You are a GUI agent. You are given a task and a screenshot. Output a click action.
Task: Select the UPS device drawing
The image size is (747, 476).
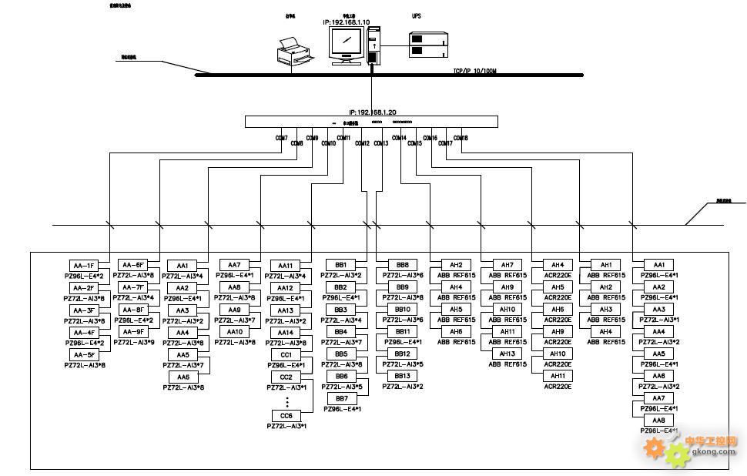pos(428,44)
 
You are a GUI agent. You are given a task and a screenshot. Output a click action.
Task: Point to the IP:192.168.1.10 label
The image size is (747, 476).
pos(347,22)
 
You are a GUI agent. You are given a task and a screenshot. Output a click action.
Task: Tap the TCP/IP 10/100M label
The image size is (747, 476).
pos(475,71)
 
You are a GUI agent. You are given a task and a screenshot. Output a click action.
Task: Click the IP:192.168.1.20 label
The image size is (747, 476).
pos(372,112)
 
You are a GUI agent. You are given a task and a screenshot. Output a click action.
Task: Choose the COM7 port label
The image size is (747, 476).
pos(281,138)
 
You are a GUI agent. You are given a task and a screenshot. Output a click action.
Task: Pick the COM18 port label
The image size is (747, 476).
pos(461,138)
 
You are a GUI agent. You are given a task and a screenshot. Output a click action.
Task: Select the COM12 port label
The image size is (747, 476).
pos(362,143)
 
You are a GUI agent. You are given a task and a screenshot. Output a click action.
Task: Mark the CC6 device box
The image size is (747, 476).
pos(286,416)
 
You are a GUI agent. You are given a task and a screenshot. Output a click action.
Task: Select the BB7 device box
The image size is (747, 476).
pos(341,398)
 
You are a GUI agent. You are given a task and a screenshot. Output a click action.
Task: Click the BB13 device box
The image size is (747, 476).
pos(402,376)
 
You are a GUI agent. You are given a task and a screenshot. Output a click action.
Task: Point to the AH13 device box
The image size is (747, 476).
pos(507,354)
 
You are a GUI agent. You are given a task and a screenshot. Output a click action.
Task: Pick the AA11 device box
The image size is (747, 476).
pos(286,265)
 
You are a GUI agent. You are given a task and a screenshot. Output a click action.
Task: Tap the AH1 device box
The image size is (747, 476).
pos(605,265)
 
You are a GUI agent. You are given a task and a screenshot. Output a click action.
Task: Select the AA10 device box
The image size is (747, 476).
pos(235,332)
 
